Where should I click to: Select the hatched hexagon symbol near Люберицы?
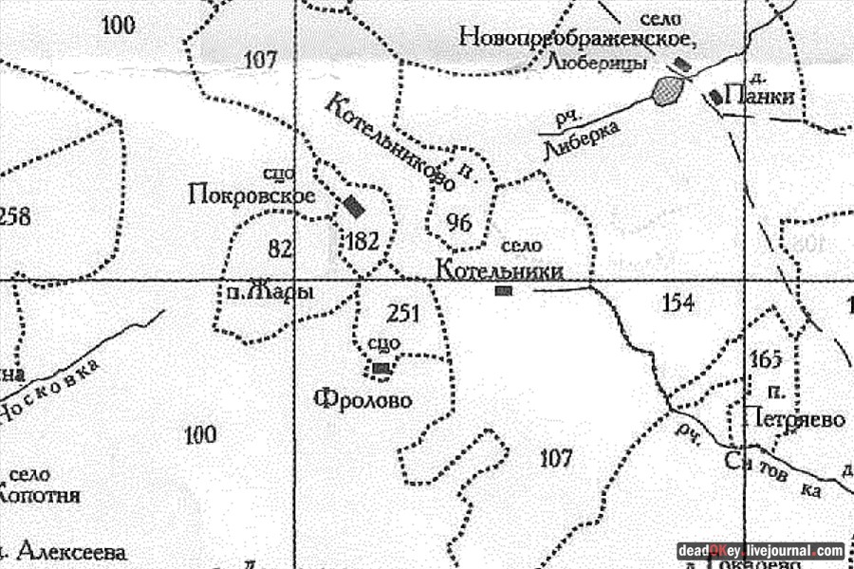point(668,91)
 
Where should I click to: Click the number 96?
point(458,224)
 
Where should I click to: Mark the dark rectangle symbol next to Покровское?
point(354,206)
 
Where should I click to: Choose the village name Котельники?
point(499,270)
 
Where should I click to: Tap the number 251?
point(403,313)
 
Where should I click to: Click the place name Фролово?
point(362,400)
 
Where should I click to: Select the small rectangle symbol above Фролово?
point(381,367)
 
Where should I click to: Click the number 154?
point(677,303)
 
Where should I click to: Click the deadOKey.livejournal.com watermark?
point(760,550)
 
